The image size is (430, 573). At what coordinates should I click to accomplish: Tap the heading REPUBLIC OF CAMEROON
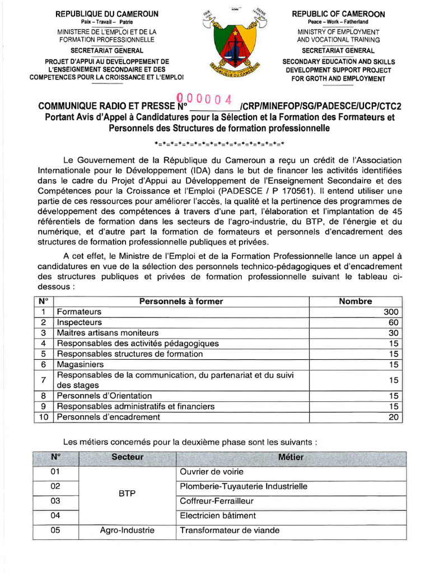pos(338,14)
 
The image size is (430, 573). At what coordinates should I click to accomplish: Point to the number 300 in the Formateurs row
pos(391,312)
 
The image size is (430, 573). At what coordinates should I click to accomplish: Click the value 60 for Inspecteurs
pos(393,322)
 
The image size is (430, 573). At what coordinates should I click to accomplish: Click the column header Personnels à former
pos(181,302)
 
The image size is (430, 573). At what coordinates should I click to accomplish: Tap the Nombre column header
pos(355,302)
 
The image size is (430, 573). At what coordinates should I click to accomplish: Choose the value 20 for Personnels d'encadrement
pos(393,417)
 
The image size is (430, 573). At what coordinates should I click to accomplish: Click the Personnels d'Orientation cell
pos(104,396)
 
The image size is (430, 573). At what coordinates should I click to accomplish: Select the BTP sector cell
pos(127,494)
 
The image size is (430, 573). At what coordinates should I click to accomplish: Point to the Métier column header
pos(291,458)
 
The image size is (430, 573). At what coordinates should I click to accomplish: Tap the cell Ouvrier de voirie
pos(212,472)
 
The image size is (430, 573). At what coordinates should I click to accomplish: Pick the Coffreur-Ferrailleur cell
pos(217,501)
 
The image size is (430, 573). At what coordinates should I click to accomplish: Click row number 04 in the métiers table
pos(55,515)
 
